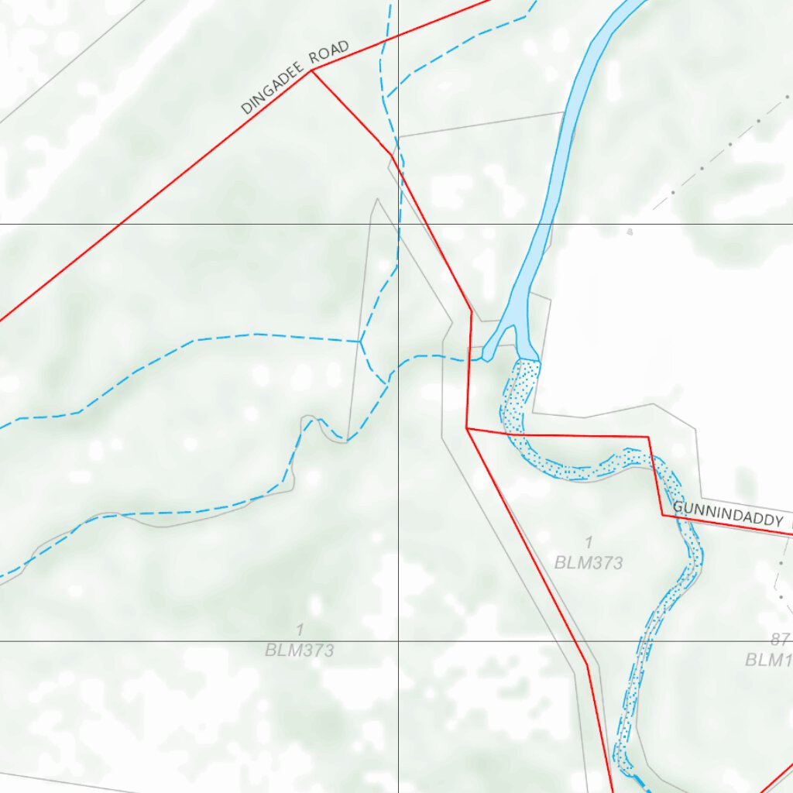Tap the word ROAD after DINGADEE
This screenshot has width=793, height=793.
[329, 53]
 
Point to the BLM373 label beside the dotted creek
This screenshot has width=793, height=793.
[589, 563]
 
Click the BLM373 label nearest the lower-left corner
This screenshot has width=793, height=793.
[299, 650]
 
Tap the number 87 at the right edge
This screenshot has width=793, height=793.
[779, 640]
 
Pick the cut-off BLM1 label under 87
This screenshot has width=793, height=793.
[768, 660]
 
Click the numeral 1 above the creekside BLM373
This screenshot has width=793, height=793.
[589, 542]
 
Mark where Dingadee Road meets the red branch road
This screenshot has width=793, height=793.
[311, 70]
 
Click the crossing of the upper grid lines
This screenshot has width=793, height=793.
[398, 224]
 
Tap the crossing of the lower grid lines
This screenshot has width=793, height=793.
[398, 641]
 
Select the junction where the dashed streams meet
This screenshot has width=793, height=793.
[360, 341]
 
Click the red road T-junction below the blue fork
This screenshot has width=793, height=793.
[466, 427]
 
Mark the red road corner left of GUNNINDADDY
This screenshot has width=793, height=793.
[663, 513]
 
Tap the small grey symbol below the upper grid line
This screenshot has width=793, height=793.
[630, 232]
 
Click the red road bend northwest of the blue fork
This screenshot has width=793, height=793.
[471, 311]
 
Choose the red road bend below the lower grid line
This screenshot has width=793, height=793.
[587, 664]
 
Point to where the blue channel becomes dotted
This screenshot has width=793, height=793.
[527, 359]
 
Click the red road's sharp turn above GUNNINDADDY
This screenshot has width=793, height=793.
[648, 438]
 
